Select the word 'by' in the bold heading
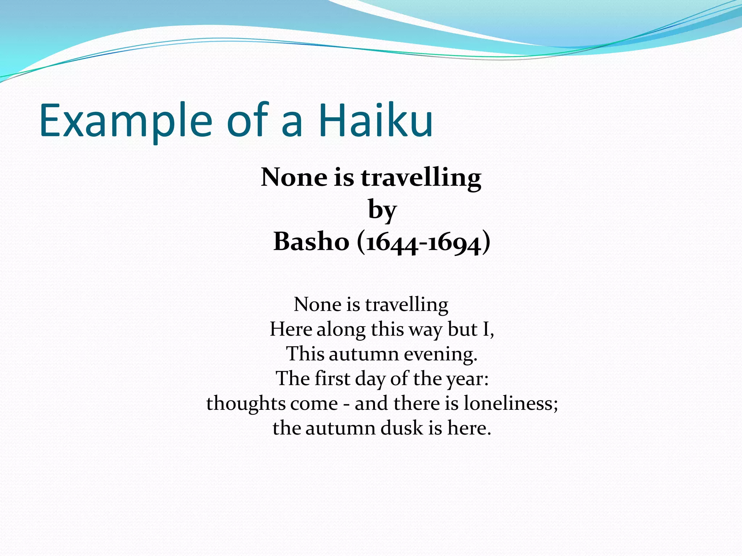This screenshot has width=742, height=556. tap(382, 210)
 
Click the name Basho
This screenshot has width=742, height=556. tap(311, 241)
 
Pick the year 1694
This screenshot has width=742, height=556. tap(455, 243)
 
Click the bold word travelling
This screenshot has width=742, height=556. tap(421, 178)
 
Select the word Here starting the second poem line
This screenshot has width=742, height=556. tap(291, 329)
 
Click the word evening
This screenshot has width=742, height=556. tap(441, 354)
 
